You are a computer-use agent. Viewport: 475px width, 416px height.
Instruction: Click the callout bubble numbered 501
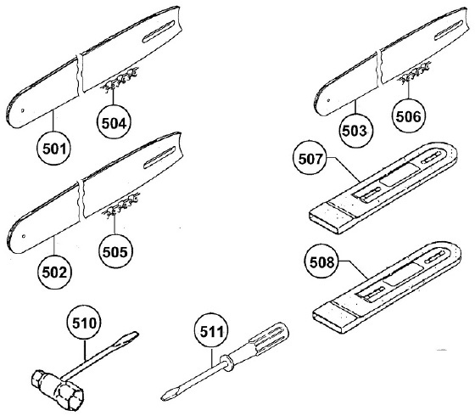54,149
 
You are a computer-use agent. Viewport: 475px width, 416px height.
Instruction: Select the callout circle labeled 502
54,272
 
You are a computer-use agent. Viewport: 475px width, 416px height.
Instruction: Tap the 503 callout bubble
355,131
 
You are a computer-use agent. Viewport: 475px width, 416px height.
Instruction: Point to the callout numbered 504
114,122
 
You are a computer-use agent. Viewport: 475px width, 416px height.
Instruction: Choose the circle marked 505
115,251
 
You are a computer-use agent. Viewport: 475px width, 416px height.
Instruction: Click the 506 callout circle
408,115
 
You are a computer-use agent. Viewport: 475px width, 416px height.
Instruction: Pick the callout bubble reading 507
310,158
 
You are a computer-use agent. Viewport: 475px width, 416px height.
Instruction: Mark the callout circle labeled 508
321,262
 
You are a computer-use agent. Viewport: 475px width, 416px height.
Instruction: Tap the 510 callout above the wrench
84,323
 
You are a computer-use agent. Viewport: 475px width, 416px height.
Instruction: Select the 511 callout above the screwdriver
211,332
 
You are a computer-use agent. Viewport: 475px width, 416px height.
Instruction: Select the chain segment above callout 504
119,81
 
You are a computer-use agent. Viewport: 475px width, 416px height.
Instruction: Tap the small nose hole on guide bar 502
24,236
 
